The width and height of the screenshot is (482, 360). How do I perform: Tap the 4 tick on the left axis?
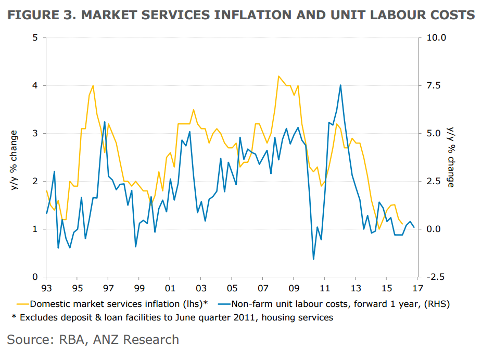coord(35,86)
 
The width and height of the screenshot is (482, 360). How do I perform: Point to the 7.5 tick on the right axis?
coord(434,86)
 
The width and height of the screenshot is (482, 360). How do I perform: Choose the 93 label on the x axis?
coord(46,288)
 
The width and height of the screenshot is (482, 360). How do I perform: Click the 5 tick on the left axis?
coord(35,38)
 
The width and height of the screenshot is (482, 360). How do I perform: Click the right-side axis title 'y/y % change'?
coord(451,157)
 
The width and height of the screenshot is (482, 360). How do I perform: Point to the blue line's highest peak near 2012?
coord(340,85)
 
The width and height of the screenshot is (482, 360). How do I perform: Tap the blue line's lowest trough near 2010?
coord(313,259)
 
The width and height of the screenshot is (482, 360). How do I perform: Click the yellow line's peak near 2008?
coord(278,76)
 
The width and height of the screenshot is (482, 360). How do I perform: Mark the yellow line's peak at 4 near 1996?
coord(93,86)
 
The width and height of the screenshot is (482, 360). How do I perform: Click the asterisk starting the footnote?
coord(15,317)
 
